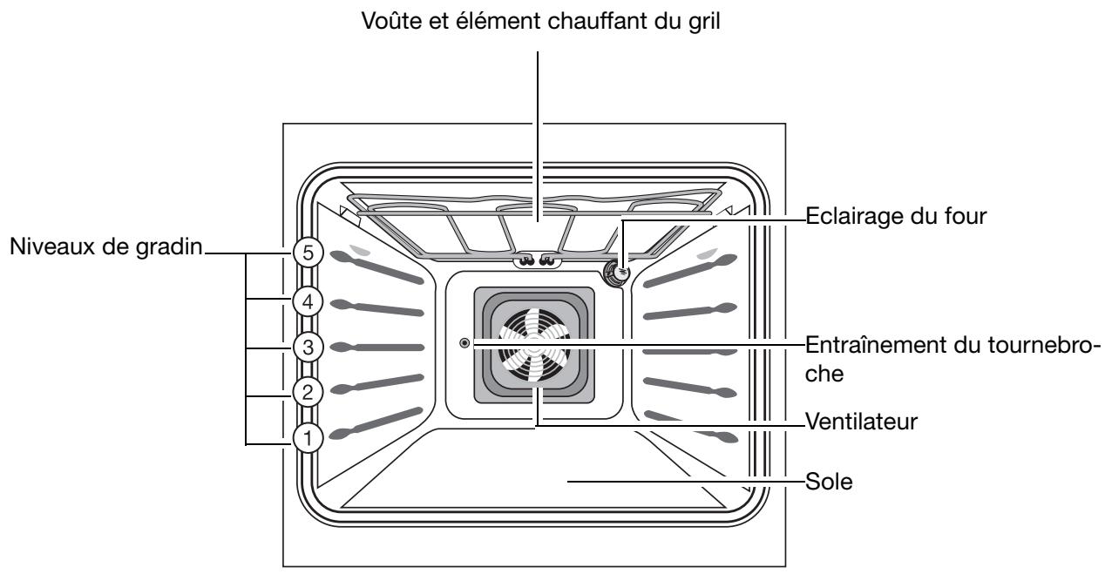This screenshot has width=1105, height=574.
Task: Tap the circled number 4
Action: pyautogui.click(x=306, y=301)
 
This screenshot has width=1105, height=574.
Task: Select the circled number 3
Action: pyautogui.click(x=306, y=346)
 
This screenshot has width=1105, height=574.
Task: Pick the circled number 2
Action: pyautogui.click(x=306, y=391)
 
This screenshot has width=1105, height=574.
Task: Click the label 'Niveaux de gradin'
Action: pyautogui.click(x=104, y=249)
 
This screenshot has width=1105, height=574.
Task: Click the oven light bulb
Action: pyautogui.click(x=620, y=273)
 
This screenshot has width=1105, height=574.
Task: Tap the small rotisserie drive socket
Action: pyautogui.click(x=464, y=344)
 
